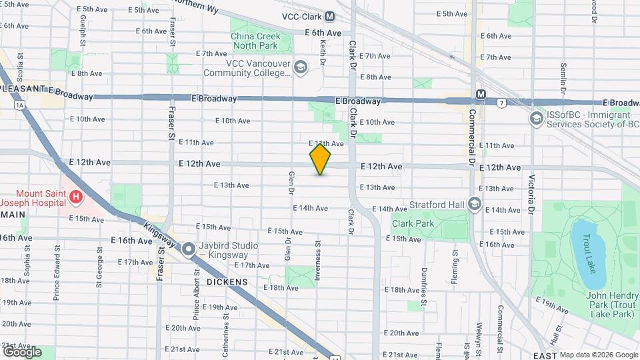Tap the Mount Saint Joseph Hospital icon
[76, 197]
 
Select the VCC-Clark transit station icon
[331, 17]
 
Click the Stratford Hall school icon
[474, 203]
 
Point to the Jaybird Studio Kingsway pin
[189, 250]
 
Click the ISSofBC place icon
[535, 118]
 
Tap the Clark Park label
[413, 223]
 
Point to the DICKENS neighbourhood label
[227, 282]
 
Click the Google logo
[22, 351]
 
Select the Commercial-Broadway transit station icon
[481, 95]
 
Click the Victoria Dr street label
[531, 195]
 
